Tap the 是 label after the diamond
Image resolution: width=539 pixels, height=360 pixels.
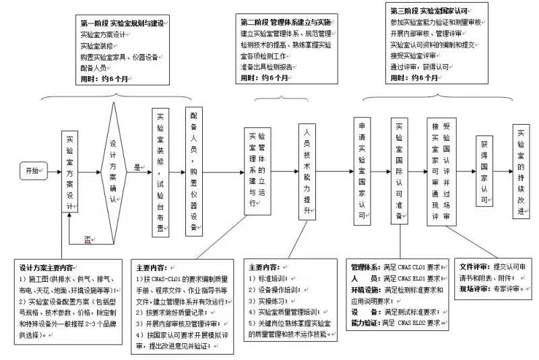pos(137,165)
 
